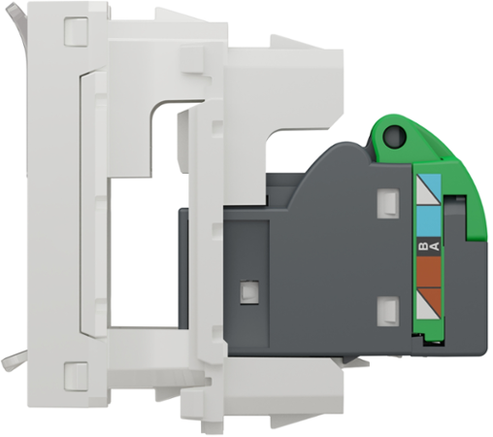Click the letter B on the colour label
coord(421,247)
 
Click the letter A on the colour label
coord(436,247)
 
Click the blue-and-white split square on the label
coord(428,185)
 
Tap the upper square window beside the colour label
coord(387,202)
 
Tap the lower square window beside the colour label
coord(387,311)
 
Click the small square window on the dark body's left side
coord(247,289)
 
